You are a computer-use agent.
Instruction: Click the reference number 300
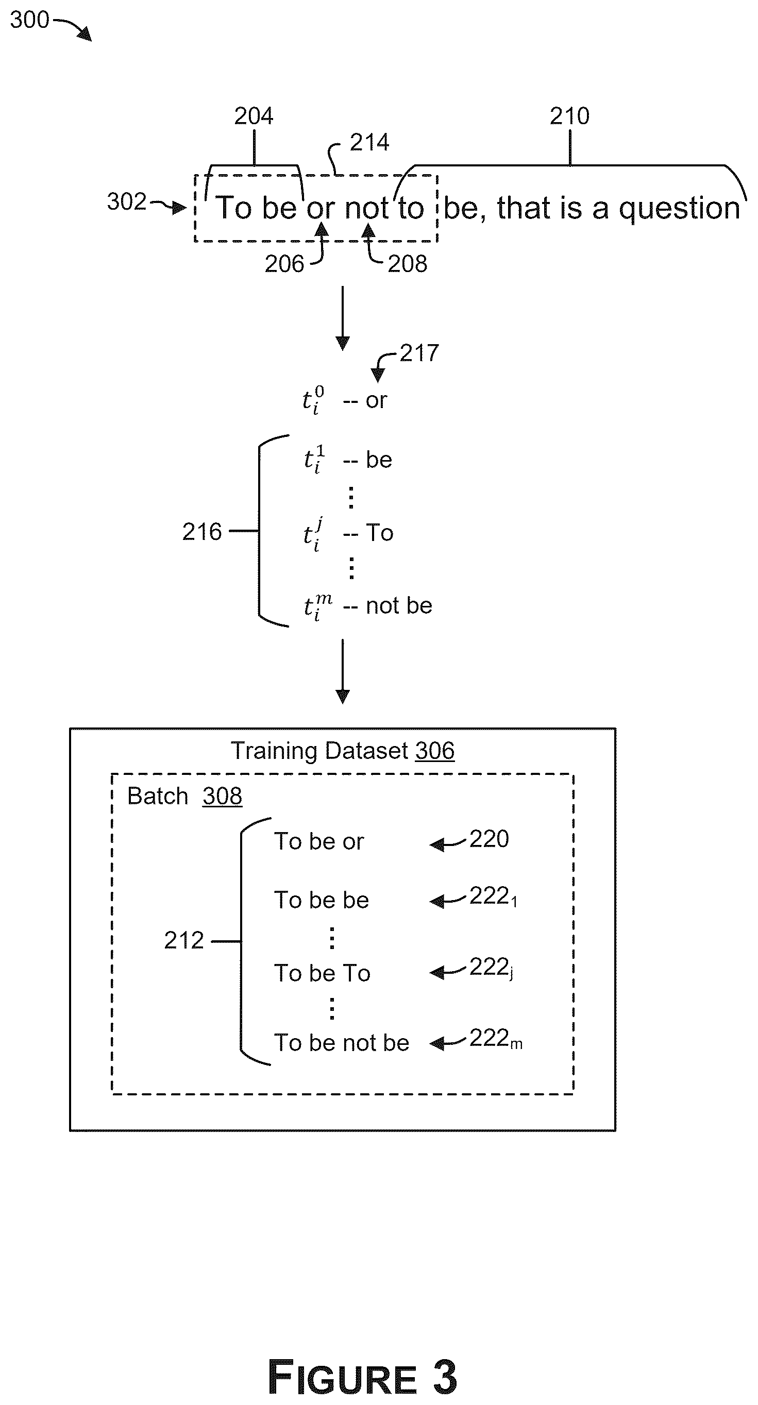(x=29, y=20)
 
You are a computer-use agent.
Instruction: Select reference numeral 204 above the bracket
(x=254, y=116)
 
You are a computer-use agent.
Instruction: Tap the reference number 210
(x=569, y=116)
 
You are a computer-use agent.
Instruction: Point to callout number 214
(x=369, y=142)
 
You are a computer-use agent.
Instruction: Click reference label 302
(x=127, y=202)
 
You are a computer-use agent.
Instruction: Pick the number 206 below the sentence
(x=284, y=264)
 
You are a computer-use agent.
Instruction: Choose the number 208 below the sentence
(x=408, y=264)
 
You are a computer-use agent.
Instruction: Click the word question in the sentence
(x=680, y=209)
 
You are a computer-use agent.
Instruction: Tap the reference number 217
(x=419, y=353)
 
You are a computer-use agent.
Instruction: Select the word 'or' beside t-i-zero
(x=376, y=401)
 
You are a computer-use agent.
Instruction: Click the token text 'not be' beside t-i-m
(x=399, y=605)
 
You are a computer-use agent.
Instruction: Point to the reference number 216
(x=202, y=532)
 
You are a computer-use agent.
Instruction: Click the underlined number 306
(x=434, y=751)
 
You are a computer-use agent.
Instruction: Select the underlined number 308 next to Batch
(x=222, y=797)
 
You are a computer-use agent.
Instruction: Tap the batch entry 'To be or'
(x=319, y=841)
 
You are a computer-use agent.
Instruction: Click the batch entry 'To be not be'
(x=341, y=1043)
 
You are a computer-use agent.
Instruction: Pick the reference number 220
(x=489, y=839)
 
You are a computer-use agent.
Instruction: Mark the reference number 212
(x=184, y=940)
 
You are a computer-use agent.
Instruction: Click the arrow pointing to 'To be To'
(x=447, y=971)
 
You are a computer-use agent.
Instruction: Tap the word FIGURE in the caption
(x=343, y=1377)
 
